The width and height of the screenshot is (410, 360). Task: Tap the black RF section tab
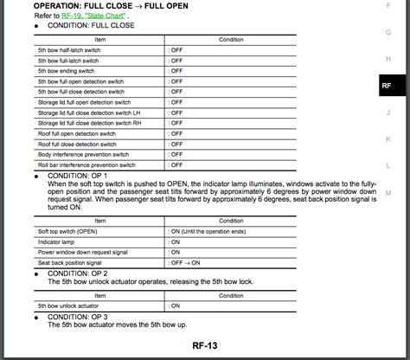pos(387,86)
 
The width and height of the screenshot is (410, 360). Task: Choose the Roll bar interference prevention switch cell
pos(86,164)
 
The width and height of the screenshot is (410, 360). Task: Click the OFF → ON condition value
pos(186,263)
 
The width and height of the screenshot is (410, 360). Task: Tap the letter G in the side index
pos(388,31)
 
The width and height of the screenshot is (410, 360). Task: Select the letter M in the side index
pos(388,193)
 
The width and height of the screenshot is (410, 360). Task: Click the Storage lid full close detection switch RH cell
pos(90,123)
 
